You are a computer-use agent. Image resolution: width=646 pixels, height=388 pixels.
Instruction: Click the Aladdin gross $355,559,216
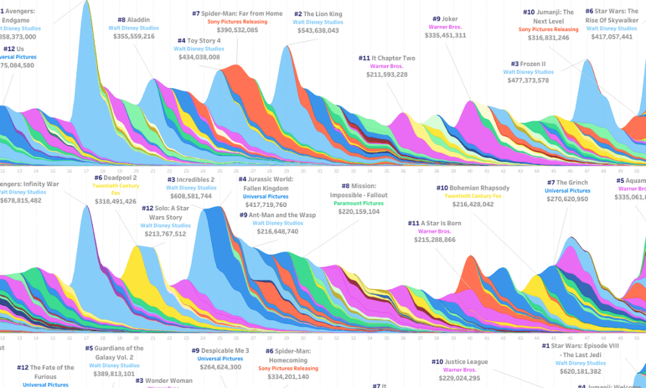[134, 36]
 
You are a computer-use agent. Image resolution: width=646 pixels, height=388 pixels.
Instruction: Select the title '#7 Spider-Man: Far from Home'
[237, 13]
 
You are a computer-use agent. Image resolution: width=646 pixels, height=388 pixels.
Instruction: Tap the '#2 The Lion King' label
[318, 14]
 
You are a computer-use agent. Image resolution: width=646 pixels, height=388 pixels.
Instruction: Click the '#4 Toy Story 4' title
[199, 41]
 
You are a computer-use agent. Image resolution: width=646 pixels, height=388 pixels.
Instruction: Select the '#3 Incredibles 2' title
[191, 179]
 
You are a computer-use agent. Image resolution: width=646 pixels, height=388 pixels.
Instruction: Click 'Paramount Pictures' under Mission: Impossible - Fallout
[359, 203]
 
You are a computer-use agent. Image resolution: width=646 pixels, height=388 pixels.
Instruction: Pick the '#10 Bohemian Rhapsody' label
[472, 188]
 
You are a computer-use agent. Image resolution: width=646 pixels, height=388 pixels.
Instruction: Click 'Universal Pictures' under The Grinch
[567, 191]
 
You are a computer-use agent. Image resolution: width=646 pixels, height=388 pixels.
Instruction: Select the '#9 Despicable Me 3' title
[220, 350]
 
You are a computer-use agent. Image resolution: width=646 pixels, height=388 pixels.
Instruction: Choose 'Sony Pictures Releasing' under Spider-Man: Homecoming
[288, 369]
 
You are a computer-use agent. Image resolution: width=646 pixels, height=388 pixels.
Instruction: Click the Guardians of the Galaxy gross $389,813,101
[114, 374]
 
